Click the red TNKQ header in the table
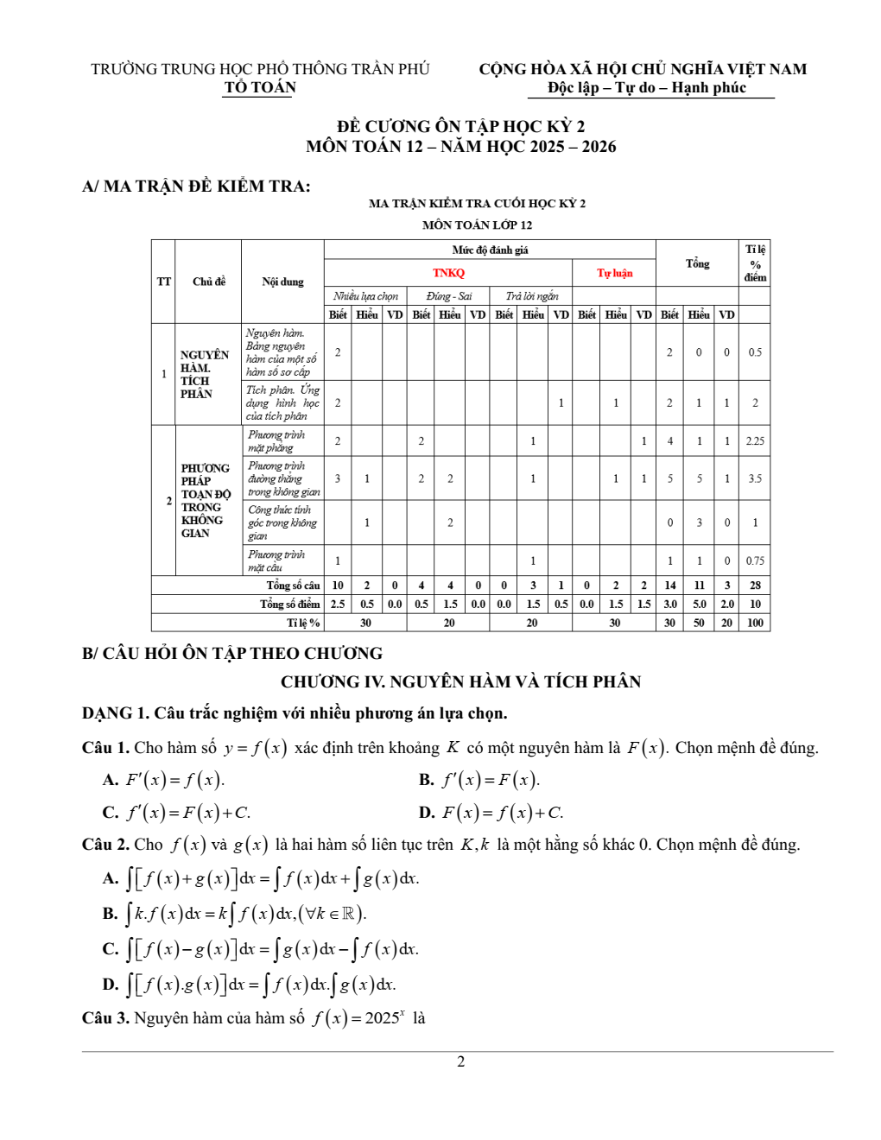click(x=448, y=273)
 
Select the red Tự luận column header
click(x=614, y=273)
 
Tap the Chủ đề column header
click(x=209, y=282)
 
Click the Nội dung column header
click(x=282, y=282)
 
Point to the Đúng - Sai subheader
click(x=449, y=296)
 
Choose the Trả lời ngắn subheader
click(x=531, y=296)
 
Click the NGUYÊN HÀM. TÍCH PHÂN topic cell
click(x=205, y=374)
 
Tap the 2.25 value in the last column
click(x=755, y=440)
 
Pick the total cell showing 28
click(x=755, y=586)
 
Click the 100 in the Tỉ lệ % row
click(x=755, y=623)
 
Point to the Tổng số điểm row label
click(x=290, y=605)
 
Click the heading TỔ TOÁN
click(x=260, y=87)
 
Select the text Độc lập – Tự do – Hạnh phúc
click(x=647, y=87)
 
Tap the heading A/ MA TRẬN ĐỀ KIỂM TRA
click(x=196, y=187)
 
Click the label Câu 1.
click(x=105, y=748)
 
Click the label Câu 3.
click(x=105, y=1018)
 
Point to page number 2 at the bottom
click(x=460, y=1061)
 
